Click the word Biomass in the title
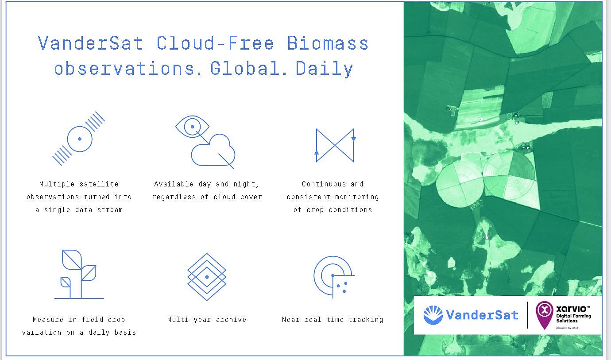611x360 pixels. [328, 43]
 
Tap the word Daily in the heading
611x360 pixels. [325, 69]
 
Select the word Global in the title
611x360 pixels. [245, 68]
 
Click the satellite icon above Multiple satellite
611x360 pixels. [78, 138]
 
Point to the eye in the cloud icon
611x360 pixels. [192, 127]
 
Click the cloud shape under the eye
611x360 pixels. [213, 150]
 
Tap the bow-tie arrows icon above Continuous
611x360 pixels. [335, 145]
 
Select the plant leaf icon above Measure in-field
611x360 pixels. [79, 274]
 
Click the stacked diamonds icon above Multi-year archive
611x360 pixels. [207, 277]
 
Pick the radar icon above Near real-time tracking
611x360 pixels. [334, 276]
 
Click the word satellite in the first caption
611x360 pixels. [99, 184]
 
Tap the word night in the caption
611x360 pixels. [246, 184]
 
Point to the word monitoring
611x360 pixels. [357, 197]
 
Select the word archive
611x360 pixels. [231, 319]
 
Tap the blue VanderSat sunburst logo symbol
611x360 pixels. [433, 315]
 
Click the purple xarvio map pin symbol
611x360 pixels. [545, 315]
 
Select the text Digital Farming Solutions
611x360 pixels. [574, 318]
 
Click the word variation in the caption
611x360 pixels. [42, 333]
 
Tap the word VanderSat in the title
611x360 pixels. [90, 43]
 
